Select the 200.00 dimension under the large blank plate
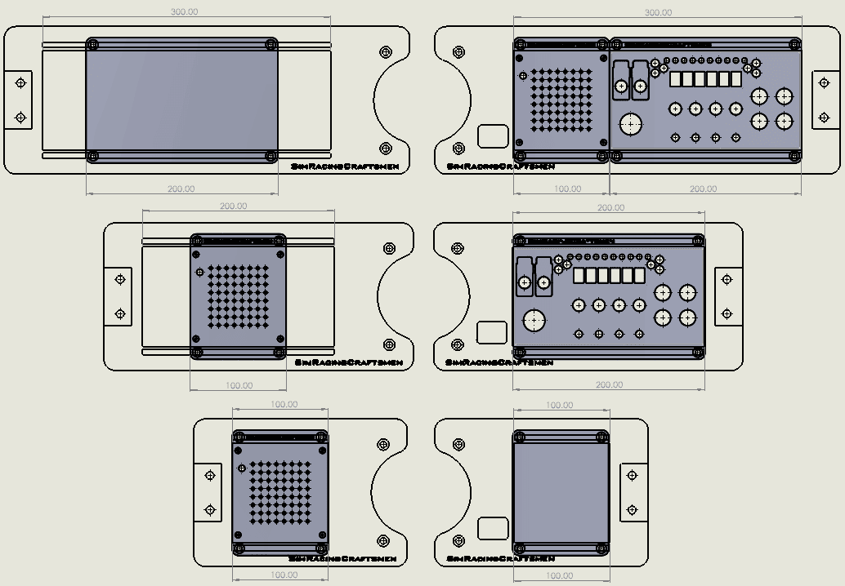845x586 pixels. pyautogui.click(x=181, y=189)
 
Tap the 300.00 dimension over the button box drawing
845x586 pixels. pyautogui.click(x=658, y=13)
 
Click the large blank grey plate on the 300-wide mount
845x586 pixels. pyautogui.click(x=181, y=100)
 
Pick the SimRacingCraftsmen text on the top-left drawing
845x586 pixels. pyautogui.click(x=345, y=166)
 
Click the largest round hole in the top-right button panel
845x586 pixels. pyautogui.click(x=630, y=124)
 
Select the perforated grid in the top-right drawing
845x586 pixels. pyautogui.click(x=561, y=100)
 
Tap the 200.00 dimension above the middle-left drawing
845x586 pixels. pyautogui.click(x=233, y=206)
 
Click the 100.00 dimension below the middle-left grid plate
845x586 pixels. pyautogui.click(x=239, y=384)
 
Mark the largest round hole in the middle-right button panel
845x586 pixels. pyautogui.click(x=534, y=321)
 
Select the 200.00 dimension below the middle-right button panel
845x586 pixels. pyautogui.click(x=609, y=384)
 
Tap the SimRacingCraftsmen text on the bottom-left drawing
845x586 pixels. pyautogui.click(x=343, y=559)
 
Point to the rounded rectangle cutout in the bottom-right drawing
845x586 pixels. pyautogui.click(x=492, y=528)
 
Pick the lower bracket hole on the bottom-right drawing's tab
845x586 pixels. pyautogui.click(x=631, y=510)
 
